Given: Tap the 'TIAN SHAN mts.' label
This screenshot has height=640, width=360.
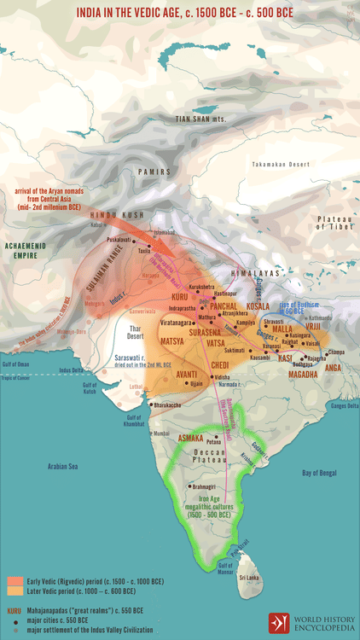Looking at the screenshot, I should [x=205, y=120].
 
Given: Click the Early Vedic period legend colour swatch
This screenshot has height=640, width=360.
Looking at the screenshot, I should [x=16, y=577].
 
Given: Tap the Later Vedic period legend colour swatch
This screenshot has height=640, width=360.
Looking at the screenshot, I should [x=16, y=589].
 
